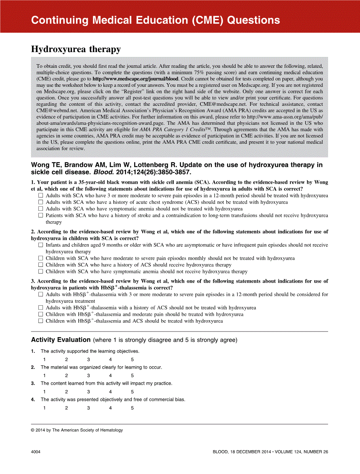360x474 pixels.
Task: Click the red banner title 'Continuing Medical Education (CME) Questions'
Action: [x=155, y=20]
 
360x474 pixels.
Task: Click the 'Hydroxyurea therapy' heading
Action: [x=76, y=49]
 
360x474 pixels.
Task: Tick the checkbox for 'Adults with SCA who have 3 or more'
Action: [x=40, y=195]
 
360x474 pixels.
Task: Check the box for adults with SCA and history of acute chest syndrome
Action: [x=40, y=202]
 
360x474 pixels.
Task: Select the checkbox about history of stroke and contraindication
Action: [x=40, y=216]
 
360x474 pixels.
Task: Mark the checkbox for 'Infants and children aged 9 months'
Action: [x=40, y=245]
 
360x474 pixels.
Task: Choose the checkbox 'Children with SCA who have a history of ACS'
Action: [x=40, y=265]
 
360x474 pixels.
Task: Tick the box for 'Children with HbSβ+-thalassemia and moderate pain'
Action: [x=40, y=314]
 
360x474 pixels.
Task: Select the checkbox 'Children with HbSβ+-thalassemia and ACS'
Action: [x=40, y=321]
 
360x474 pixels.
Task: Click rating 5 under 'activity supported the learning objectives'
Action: [x=132, y=359]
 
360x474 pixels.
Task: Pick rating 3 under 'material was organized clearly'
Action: [x=88, y=375]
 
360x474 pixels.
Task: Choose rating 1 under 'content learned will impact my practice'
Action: [x=44, y=392]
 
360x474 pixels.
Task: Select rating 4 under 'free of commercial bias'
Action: [x=110, y=408]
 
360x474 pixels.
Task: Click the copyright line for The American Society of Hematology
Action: [x=77, y=430]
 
